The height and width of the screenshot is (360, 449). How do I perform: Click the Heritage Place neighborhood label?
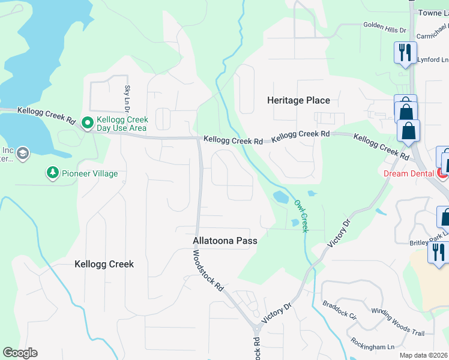(298, 100)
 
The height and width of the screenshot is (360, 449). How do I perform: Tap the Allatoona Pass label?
(225, 241)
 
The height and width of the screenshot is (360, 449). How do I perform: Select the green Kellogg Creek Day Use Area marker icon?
(87, 123)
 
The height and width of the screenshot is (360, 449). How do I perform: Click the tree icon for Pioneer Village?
(53, 173)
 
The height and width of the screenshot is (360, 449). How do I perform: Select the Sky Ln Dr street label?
(127, 99)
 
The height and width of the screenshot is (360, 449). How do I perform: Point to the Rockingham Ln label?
(373, 347)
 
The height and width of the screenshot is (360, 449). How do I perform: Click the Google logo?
(20, 353)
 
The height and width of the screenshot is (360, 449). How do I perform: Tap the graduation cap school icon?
(23, 154)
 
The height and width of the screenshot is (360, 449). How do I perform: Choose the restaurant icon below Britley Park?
(438, 251)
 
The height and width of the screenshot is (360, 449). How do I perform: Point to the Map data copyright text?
(424, 355)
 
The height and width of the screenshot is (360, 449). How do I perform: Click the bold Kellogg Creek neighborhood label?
(104, 264)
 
